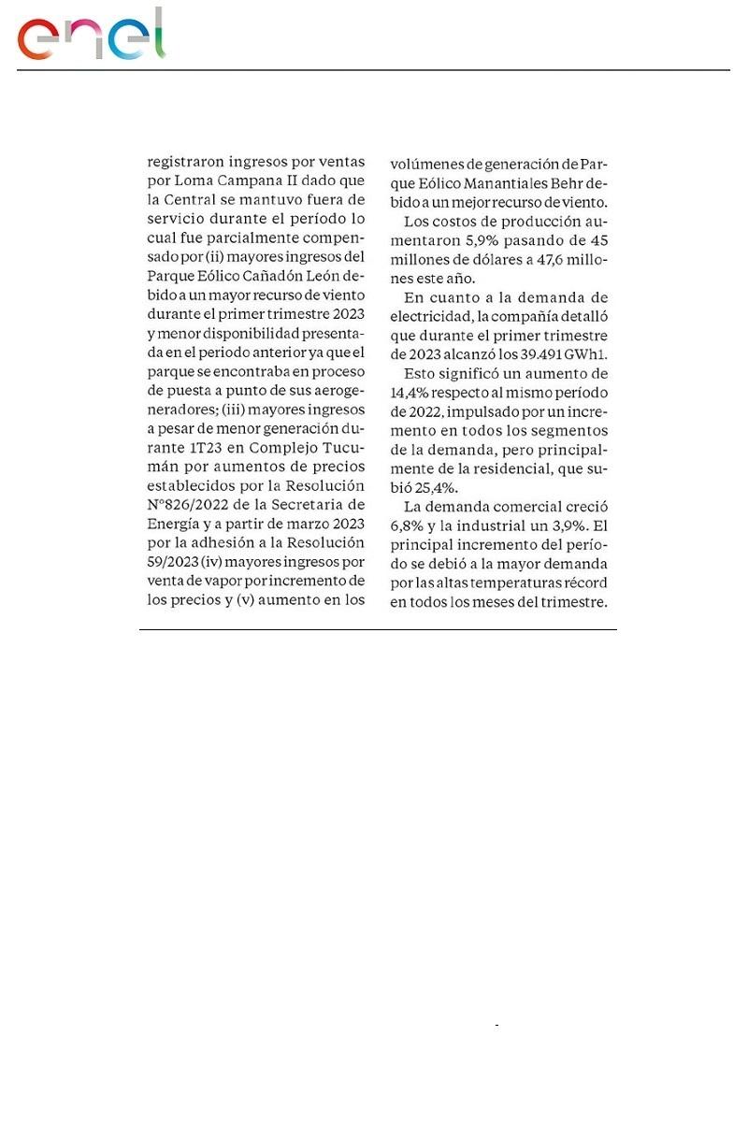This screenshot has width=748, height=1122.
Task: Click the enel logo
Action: [x=91, y=36]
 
